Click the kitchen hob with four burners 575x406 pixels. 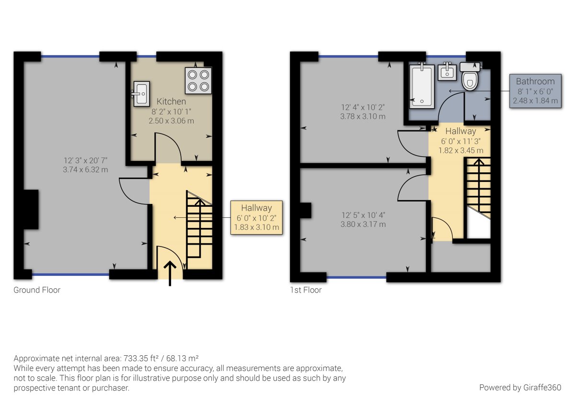pos(198,80)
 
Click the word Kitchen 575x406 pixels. pos(171,101)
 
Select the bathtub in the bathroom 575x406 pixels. pos(422,85)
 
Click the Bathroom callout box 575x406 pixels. pos(535,91)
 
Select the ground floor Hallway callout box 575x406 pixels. pos(256,217)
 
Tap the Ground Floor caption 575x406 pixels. pos(37,290)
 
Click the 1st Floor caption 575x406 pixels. pos(306,290)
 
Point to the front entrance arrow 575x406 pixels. pos(170,273)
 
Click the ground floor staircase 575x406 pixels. pos(198,230)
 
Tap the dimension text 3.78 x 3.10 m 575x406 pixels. pos(363,116)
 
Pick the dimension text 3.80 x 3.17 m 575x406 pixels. pos(363,224)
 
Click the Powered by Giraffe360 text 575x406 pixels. pos(520,387)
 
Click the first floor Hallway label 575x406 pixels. pos(460,131)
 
